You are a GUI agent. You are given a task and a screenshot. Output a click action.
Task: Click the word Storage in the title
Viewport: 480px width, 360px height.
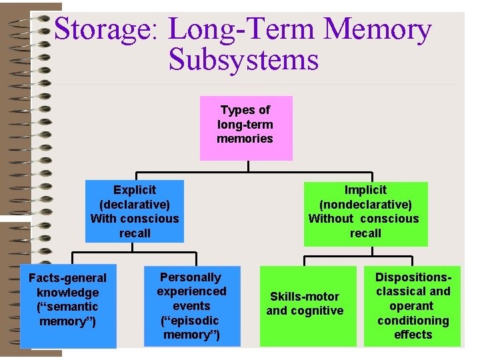point(106,31)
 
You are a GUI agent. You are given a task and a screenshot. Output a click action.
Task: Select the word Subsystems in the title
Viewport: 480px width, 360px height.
point(243,60)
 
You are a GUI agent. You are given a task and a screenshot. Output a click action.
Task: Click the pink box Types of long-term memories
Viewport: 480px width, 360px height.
point(245,128)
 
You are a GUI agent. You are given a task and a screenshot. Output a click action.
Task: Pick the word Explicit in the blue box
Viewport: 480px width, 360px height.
point(135,190)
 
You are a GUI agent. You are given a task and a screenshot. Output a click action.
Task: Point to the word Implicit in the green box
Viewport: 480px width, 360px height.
point(365,190)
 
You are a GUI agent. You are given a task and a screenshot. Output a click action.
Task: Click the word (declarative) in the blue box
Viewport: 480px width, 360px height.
point(135,205)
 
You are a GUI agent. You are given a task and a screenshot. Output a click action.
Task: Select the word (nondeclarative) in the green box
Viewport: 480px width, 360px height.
point(365,205)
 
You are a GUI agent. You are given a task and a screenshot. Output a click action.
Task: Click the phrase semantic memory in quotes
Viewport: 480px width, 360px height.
point(67,314)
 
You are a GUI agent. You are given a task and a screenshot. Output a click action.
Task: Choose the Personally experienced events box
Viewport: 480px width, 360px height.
point(191,306)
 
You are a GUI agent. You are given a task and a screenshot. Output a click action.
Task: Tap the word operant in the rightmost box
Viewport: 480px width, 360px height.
point(412,306)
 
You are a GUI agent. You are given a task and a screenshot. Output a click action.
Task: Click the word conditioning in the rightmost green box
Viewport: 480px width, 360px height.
point(413,321)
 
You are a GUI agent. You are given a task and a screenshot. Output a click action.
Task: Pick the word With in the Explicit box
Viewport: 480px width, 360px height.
point(104,219)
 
